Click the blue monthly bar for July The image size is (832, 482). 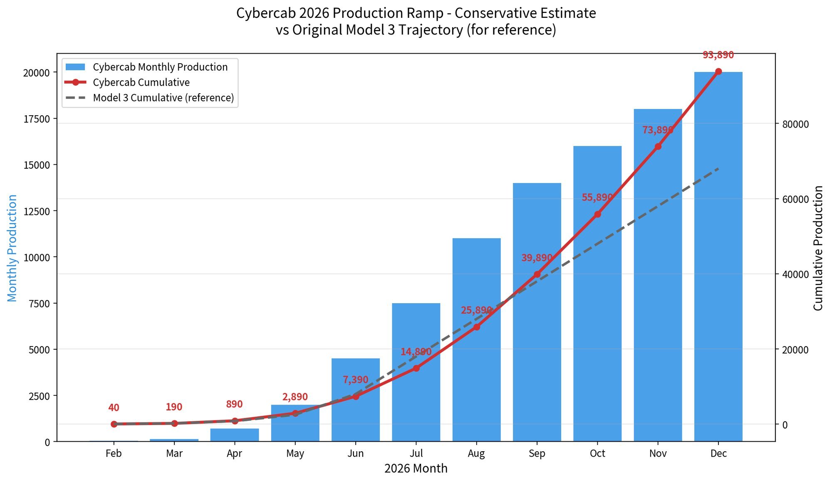[416, 399]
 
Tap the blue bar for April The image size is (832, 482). [235, 435]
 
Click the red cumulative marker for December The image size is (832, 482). [718, 72]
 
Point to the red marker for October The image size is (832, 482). [597, 215]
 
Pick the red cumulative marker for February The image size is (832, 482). [114, 424]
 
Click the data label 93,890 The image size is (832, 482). [718, 55]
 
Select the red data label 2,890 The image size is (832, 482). [295, 397]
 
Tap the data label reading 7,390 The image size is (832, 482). [355, 380]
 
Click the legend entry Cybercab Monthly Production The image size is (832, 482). [160, 67]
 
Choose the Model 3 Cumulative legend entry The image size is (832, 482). [163, 98]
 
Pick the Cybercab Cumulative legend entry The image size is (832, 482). [141, 82]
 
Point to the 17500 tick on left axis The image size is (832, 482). [37, 119]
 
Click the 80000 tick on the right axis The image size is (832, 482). [795, 124]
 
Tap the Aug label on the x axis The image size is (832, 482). [476, 453]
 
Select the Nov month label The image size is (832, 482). [658, 453]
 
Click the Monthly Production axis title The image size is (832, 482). [12, 248]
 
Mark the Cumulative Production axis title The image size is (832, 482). [818, 248]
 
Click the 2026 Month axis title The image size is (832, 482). [416, 469]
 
